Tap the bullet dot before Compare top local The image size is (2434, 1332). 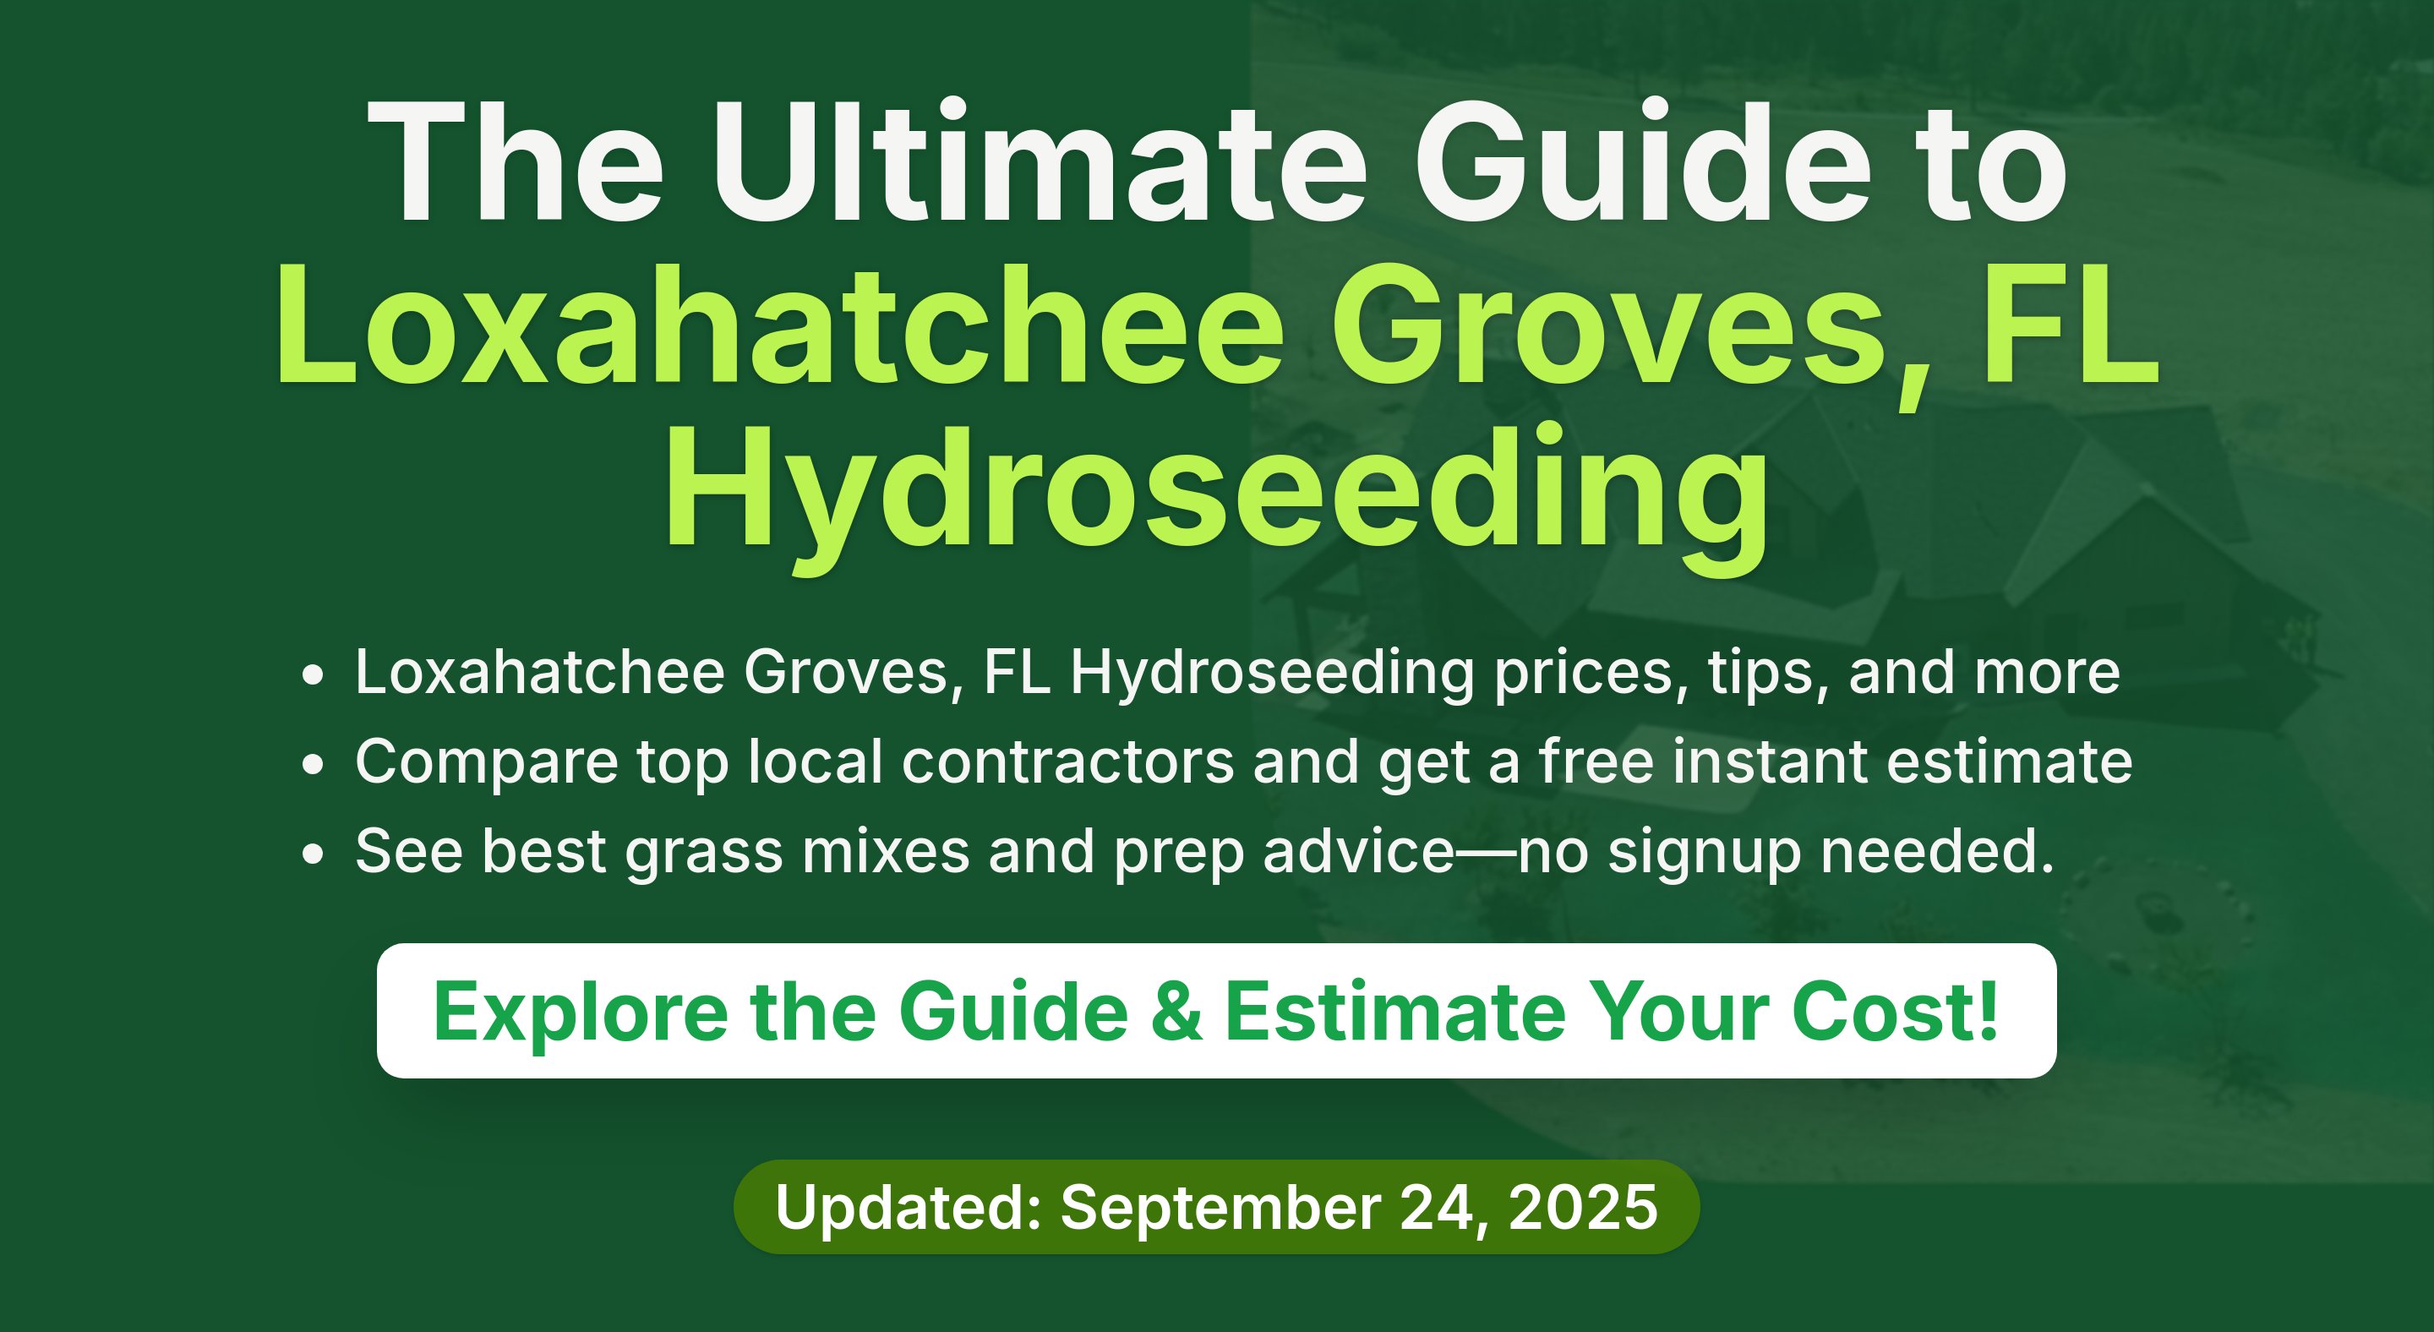313,764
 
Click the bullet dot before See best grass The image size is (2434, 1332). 313,854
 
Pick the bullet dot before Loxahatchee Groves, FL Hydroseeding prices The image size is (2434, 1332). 313,675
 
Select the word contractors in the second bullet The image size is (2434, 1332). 1067,762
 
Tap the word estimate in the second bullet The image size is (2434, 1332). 2010,762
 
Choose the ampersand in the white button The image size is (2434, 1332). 1176,1011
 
